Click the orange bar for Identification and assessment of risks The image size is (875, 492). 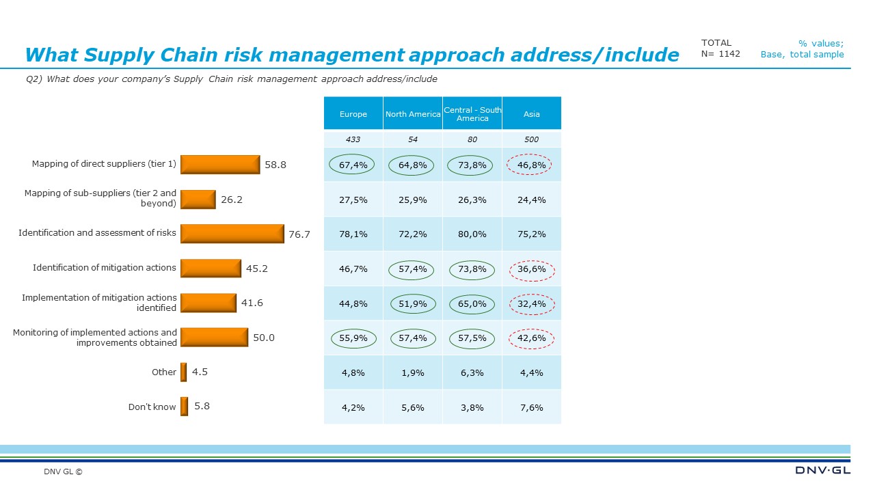[232, 233]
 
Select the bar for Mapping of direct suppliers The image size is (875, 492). [220, 164]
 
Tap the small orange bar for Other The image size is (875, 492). [183, 372]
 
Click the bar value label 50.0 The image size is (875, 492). [264, 338]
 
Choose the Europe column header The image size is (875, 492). [353, 114]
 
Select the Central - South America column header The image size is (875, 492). [472, 114]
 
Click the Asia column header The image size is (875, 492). [531, 114]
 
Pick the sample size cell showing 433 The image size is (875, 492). [353, 139]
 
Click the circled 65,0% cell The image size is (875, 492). [472, 304]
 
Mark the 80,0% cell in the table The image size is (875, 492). [472, 234]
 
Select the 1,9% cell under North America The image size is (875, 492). [413, 373]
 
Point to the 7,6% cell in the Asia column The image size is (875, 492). [531, 408]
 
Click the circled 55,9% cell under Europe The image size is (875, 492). [353, 338]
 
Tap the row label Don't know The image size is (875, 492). [152, 407]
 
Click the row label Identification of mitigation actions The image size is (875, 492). [104, 268]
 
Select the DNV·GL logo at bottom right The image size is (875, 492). [823, 470]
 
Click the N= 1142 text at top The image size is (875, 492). [721, 54]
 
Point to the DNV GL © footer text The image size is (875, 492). [63, 471]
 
